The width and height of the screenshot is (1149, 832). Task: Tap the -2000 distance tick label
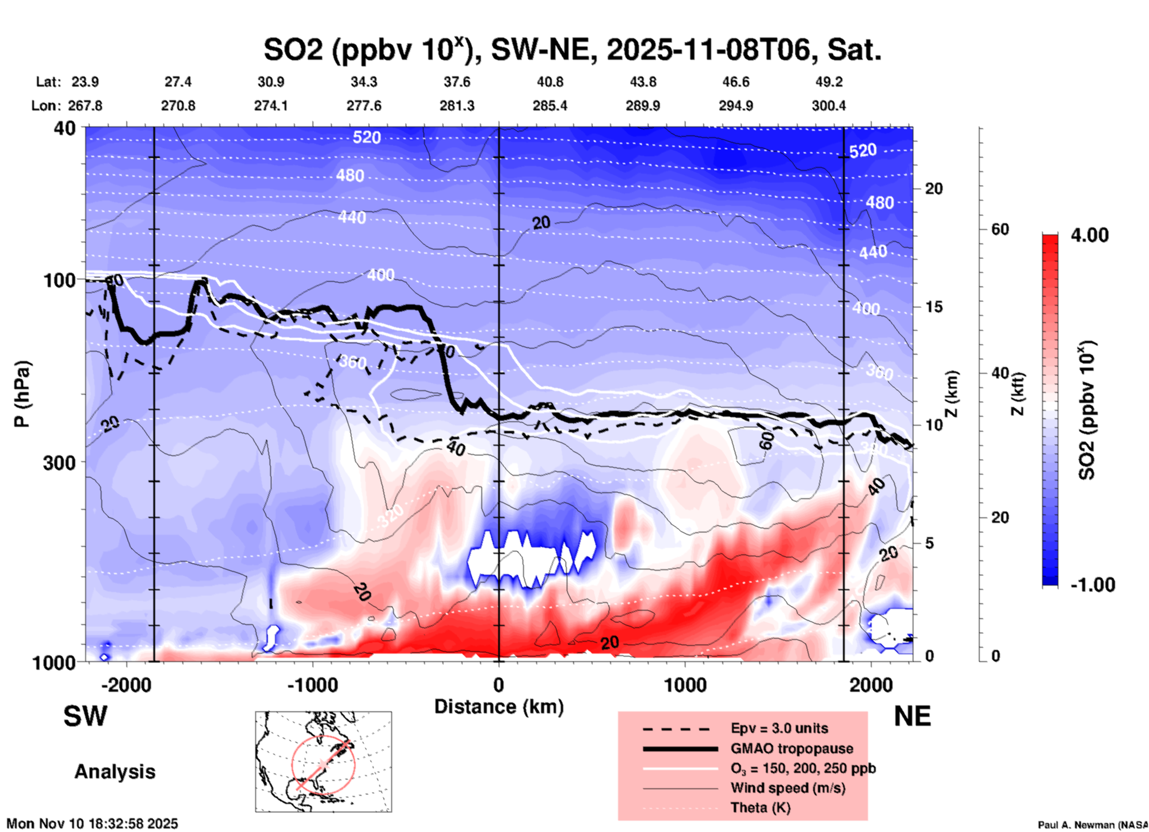click(126, 685)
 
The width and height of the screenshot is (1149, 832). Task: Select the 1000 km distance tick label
click(685, 685)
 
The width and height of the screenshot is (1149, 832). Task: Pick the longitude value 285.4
click(549, 106)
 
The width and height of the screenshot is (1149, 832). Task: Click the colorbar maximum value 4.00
click(1089, 235)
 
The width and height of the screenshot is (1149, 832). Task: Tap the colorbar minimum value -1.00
click(1092, 585)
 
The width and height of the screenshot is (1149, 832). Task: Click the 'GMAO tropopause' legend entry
click(792, 748)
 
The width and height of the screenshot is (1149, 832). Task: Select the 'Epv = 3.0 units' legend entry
click(779, 728)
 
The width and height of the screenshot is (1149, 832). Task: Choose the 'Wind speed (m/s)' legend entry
click(787, 788)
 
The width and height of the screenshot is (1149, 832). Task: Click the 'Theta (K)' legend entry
click(760, 808)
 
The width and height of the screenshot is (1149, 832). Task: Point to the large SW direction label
click(85, 716)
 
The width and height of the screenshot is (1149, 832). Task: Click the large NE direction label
click(912, 716)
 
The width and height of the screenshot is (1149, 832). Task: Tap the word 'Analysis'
click(115, 772)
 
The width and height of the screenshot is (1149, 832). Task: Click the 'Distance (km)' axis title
click(499, 707)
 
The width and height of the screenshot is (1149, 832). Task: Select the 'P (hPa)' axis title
click(22, 394)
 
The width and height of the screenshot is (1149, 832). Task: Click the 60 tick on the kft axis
click(1000, 230)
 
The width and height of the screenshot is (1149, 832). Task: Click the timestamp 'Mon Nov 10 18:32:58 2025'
click(92, 824)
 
